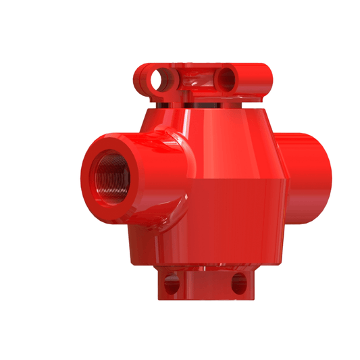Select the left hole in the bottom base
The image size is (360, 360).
click(172, 285)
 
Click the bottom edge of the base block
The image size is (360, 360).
click(206, 299)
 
